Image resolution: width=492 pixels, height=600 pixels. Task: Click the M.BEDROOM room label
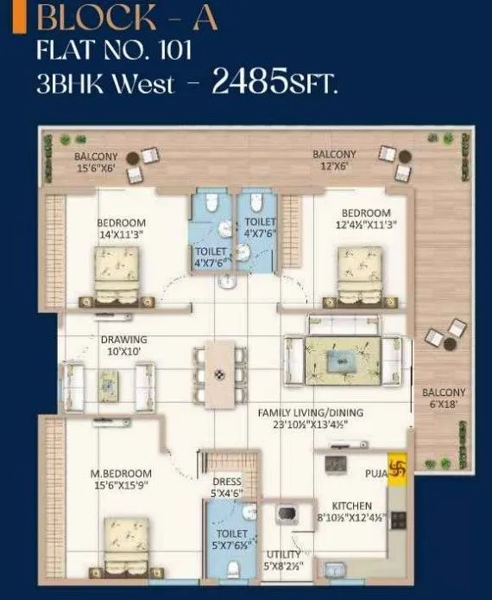click(121, 473)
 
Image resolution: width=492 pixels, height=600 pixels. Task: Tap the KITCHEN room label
click(352, 505)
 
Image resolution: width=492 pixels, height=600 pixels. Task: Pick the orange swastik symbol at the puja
click(398, 472)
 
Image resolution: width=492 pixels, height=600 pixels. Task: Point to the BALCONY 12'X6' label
click(334, 159)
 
